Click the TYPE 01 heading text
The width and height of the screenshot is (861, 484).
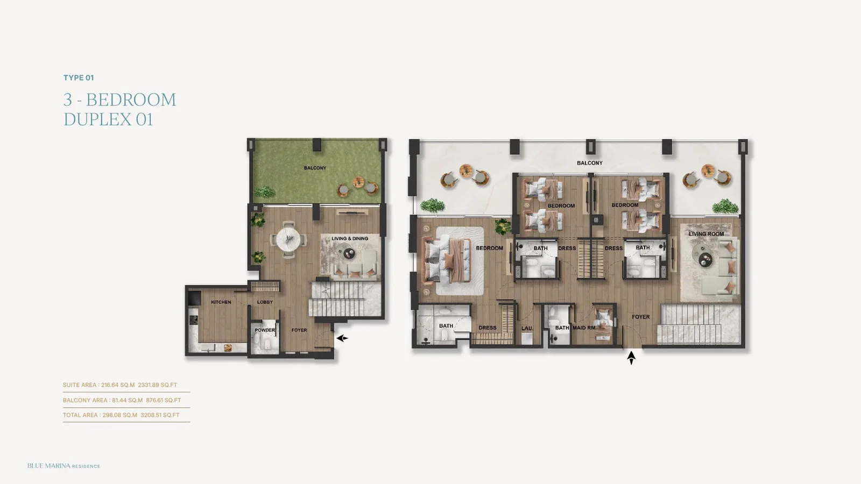click(x=79, y=77)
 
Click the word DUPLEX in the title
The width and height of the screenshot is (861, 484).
click(x=97, y=119)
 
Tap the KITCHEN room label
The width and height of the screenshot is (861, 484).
click(x=221, y=302)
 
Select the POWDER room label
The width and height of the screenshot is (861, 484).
click(x=265, y=330)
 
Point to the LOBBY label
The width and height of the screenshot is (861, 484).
click(x=265, y=302)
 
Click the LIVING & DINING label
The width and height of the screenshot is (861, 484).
click(x=350, y=239)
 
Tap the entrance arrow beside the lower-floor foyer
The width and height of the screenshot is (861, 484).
click(x=342, y=338)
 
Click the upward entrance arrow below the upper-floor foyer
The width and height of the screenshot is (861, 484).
click(x=631, y=358)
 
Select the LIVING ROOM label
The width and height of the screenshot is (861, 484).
click(x=706, y=234)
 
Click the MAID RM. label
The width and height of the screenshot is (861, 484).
click(x=584, y=328)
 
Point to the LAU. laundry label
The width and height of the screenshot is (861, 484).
click(x=527, y=329)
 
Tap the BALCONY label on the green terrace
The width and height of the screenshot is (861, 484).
click(x=315, y=168)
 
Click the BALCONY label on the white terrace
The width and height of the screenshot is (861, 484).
click(x=590, y=163)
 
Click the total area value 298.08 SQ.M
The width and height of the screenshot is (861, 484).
click(x=120, y=415)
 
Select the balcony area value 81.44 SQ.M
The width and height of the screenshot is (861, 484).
click(x=126, y=400)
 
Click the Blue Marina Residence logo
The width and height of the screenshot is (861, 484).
click(x=63, y=466)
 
